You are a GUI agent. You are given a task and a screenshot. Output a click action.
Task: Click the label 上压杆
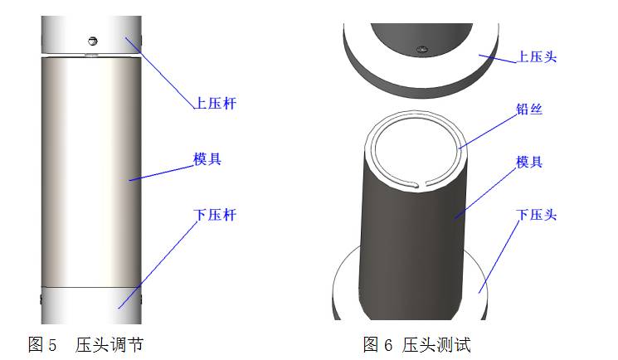(x=215, y=104)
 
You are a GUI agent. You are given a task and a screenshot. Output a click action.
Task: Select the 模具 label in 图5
(x=207, y=158)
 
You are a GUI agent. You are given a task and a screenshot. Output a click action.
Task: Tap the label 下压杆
(x=215, y=215)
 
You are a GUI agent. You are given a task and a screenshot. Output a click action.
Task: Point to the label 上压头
(x=538, y=57)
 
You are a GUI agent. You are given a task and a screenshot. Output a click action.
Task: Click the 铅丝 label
(x=529, y=109)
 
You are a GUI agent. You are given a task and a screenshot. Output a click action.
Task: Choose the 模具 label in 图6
(x=529, y=163)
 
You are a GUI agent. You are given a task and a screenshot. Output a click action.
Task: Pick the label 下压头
(x=536, y=215)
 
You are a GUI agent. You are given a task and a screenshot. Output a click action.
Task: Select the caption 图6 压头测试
(x=417, y=343)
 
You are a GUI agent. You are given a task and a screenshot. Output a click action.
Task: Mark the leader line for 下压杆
(x=158, y=262)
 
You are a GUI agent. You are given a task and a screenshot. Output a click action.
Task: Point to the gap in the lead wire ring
(x=426, y=182)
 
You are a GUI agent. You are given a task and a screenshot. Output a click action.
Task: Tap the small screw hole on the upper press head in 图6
(x=423, y=48)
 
